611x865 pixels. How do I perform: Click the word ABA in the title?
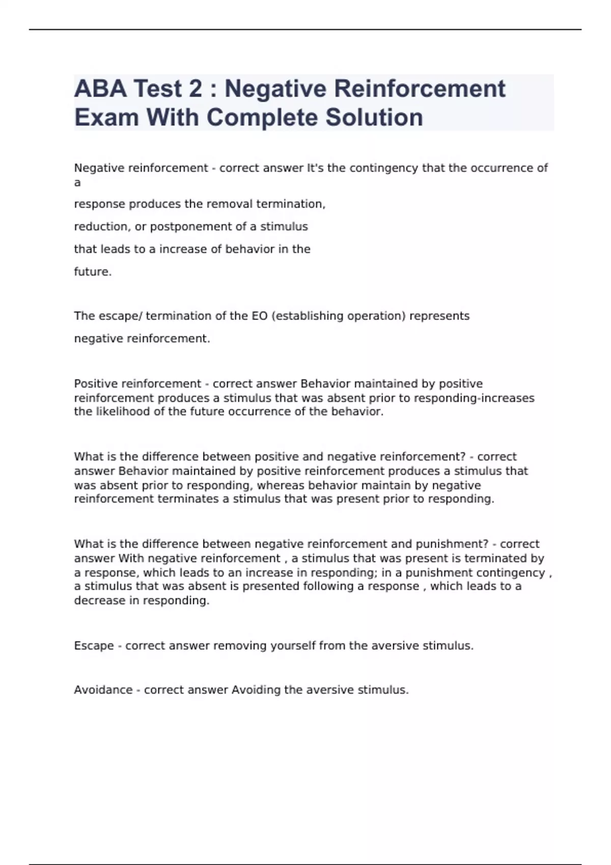click(x=100, y=89)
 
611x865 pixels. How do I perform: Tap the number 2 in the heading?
click(x=195, y=89)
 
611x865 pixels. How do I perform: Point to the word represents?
click(x=439, y=316)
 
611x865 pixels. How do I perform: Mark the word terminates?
click(x=188, y=499)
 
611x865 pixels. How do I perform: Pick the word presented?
click(x=271, y=586)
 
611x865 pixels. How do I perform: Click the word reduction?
click(x=102, y=226)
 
